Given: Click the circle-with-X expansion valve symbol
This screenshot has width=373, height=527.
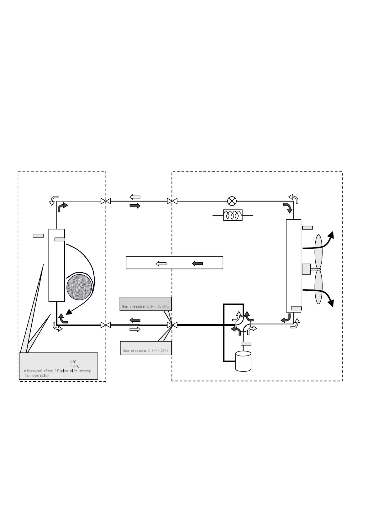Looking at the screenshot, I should click(x=232, y=201).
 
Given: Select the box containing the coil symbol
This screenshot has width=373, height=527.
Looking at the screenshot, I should click(x=233, y=215).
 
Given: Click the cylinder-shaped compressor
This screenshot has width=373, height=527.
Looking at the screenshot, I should click(x=243, y=361).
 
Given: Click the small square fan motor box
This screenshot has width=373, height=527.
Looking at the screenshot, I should click(x=306, y=269).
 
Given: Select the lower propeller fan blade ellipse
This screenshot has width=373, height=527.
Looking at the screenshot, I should click(x=318, y=287).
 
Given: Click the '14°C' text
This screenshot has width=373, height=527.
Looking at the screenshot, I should click(x=75, y=366).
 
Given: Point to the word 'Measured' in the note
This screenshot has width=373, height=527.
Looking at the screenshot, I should click(x=34, y=371).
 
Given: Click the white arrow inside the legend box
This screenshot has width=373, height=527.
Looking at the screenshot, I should click(x=161, y=263).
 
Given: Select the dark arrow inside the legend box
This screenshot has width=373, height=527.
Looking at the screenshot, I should click(x=197, y=263).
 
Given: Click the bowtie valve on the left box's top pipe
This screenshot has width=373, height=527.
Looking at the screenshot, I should click(x=106, y=201).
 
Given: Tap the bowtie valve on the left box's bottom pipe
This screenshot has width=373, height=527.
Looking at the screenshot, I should click(x=106, y=325).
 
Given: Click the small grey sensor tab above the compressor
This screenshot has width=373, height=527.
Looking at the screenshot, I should click(x=246, y=344).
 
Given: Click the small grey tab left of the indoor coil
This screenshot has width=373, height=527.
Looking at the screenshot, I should click(x=38, y=236).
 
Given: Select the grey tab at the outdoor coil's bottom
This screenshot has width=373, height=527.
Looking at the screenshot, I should click(x=296, y=309).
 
